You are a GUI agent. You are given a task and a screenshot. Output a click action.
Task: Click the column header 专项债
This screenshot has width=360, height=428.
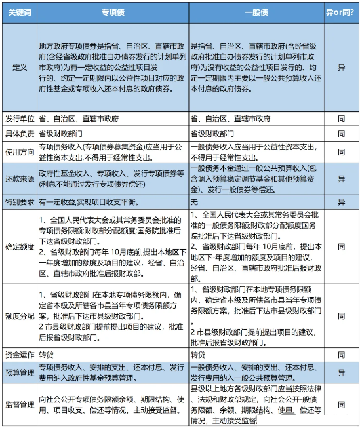coord(113,12)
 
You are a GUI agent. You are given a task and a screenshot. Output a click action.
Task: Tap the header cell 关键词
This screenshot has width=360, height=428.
coord(18,12)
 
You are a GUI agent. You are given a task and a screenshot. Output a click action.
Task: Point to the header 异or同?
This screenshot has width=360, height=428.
coord(341,12)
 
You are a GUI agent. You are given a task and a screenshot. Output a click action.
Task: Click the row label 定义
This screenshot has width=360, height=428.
coord(18,67)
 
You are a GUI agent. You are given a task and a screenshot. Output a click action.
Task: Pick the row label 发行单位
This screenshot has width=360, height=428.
coord(18,119)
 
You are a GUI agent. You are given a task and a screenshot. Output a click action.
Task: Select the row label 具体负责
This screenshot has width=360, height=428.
coord(18,134)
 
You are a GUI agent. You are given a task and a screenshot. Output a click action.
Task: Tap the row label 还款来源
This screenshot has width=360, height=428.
coord(18,178)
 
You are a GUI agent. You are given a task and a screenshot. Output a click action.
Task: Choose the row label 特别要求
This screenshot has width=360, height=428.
coord(18,202)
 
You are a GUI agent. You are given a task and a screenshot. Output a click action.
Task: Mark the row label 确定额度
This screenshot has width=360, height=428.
coord(18,246)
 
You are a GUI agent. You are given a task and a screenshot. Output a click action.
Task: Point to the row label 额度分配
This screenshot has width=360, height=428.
coord(18,315)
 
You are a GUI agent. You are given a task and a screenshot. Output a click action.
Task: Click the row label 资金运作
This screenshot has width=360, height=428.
coord(18,354)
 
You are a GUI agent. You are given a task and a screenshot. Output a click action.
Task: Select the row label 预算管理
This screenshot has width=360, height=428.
coord(18,372)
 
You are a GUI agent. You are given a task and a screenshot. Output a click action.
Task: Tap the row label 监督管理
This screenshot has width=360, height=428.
coord(18,405)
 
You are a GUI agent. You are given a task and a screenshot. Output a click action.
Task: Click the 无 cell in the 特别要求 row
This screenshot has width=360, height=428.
coord(195,202)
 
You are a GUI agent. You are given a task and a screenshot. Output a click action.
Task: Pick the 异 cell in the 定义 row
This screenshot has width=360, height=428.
coord(341,67)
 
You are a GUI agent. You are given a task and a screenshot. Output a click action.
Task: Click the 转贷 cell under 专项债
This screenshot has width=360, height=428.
coord(46,354)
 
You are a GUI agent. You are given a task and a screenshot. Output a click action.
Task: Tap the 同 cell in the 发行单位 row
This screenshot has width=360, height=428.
coord(341,119)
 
